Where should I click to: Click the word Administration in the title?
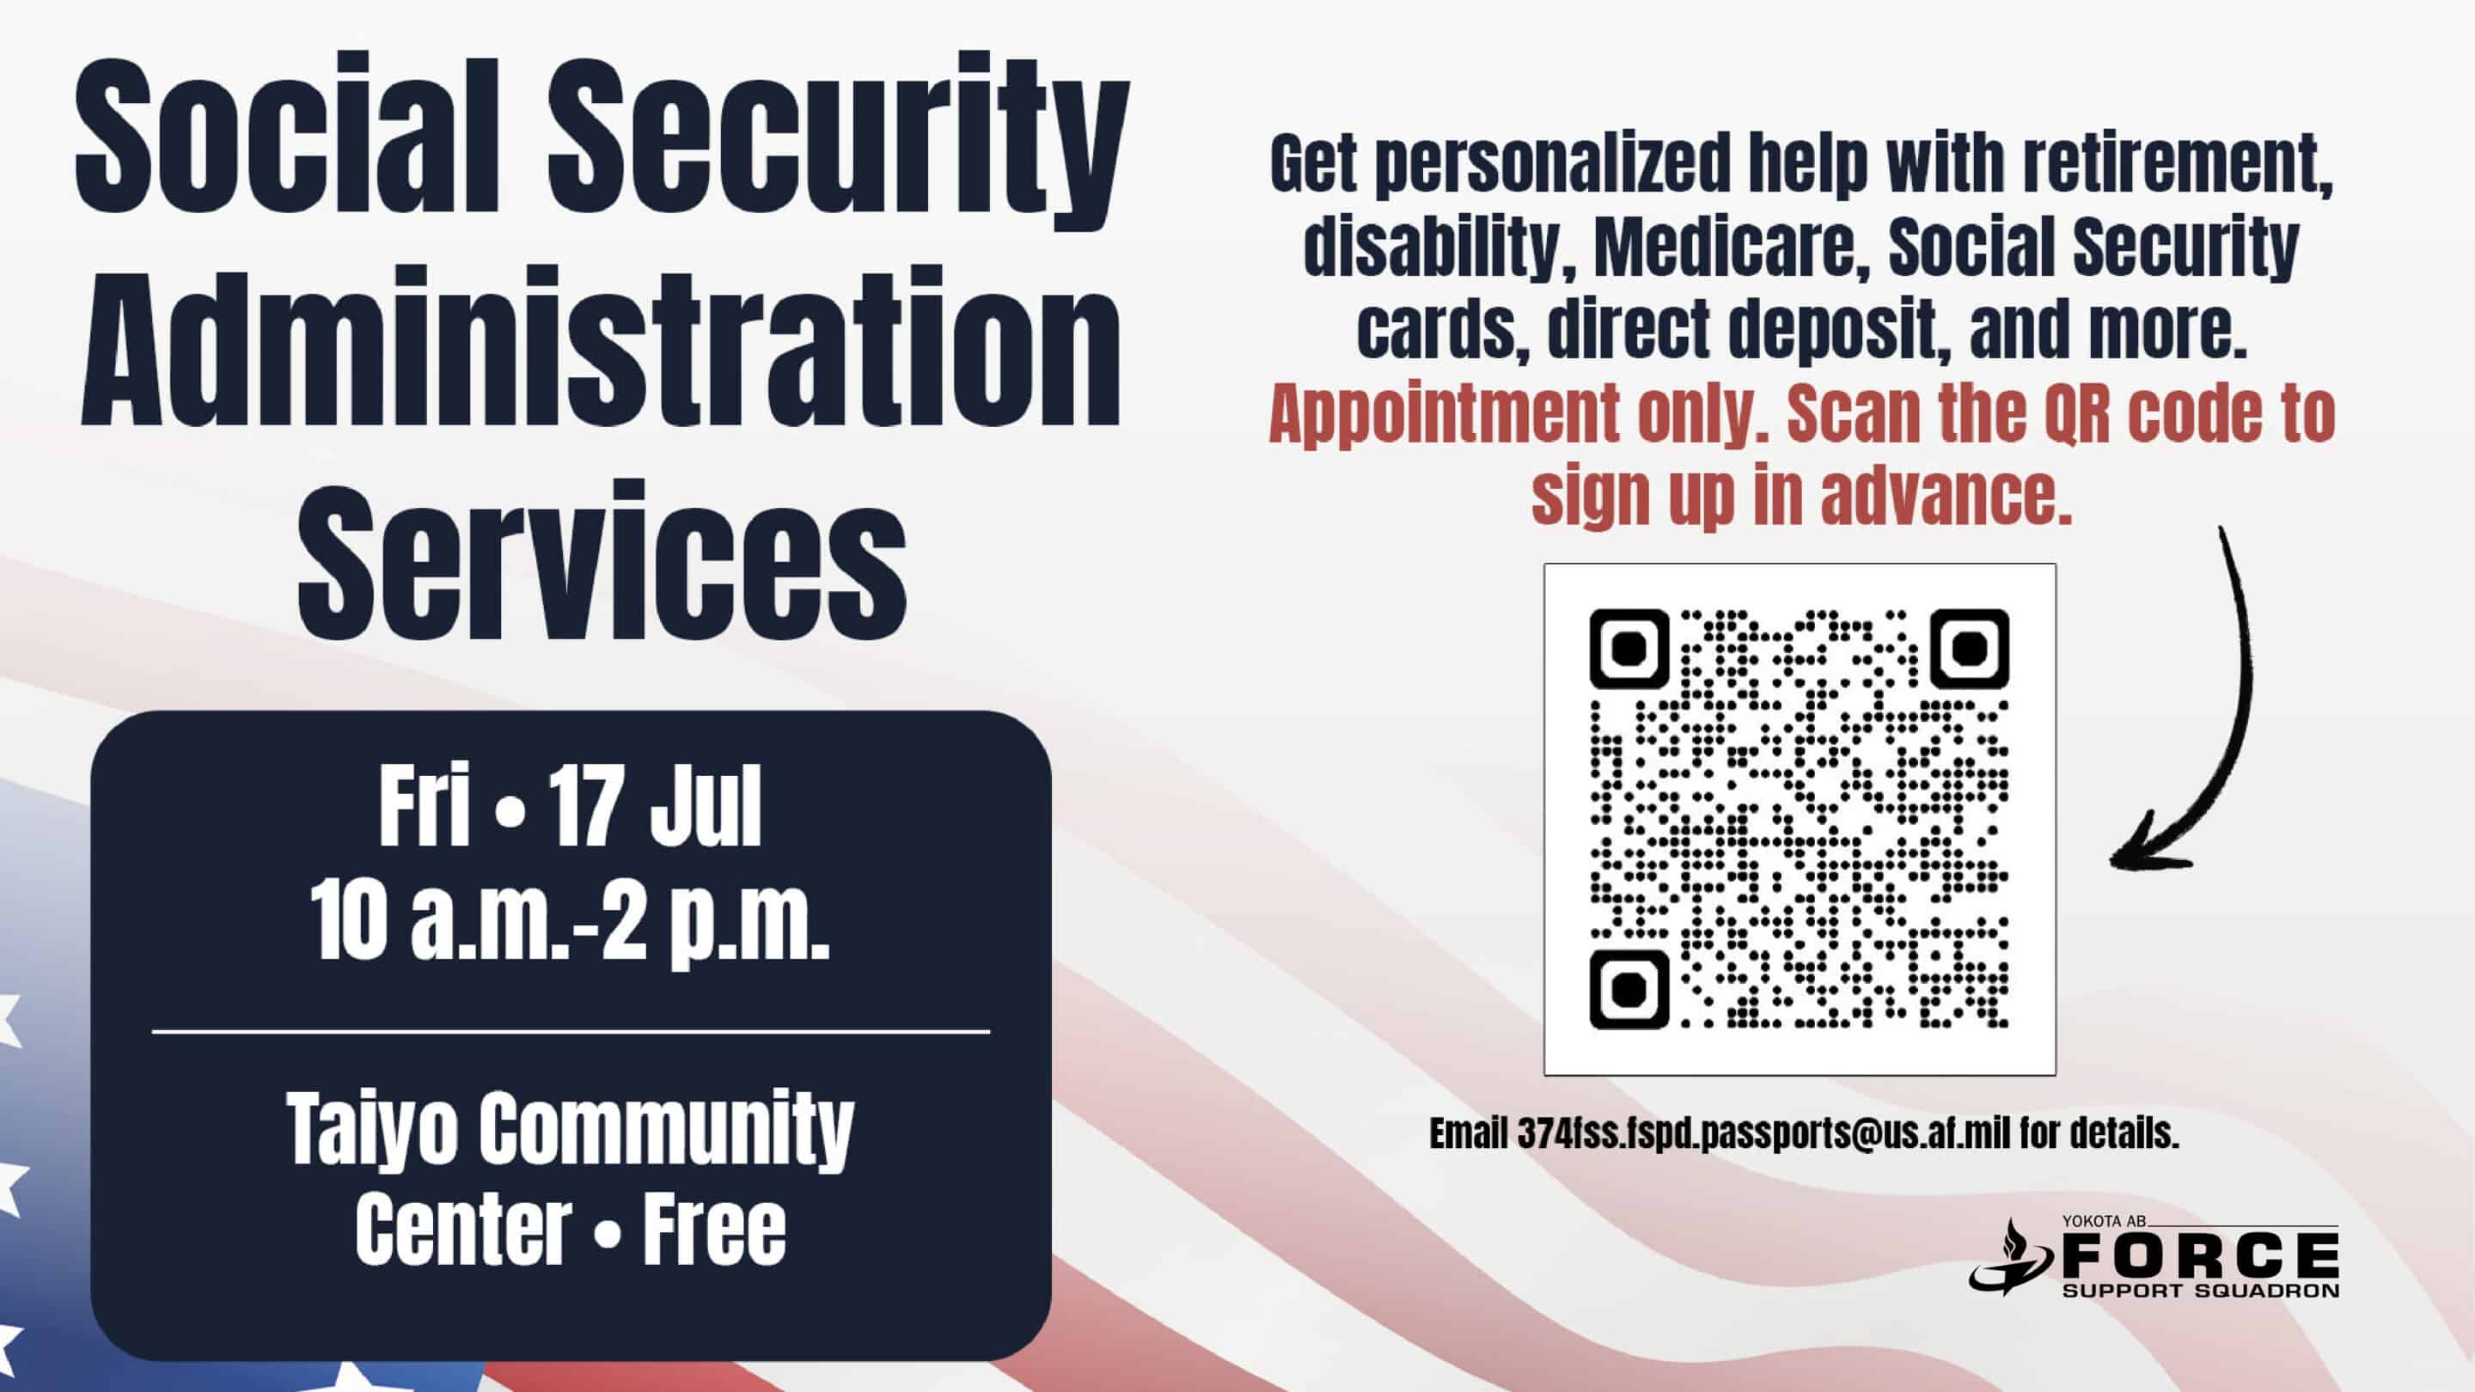coord(602,349)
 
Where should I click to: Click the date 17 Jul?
coord(655,806)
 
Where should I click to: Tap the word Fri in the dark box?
coord(424,806)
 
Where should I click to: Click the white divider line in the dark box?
coord(571,1032)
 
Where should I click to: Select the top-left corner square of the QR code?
coord(1629,650)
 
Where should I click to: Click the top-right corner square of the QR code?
coord(1970,650)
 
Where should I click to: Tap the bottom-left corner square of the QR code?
coord(1629,990)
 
